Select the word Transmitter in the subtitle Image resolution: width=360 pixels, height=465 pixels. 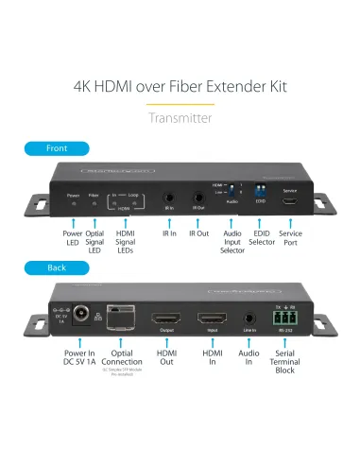pos(180,117)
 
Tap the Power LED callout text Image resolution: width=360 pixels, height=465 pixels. pos(73,237)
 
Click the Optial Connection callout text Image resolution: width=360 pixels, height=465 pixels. pos(123,358)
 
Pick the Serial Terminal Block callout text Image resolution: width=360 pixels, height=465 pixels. pos(284,363)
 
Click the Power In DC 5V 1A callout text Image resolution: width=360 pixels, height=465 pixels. pos(76,358)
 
